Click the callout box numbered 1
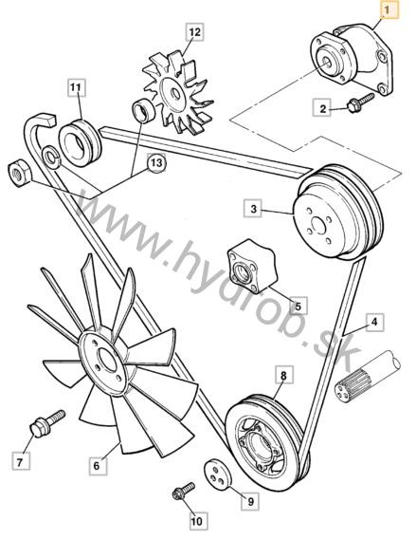[389, 9]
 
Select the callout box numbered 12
[194, 32]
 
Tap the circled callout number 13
[156, 162]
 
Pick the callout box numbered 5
[298, 306]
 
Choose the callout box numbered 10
[197, 521]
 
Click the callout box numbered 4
[374, 322]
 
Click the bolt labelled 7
[46, 423]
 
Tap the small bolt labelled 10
[183, 492]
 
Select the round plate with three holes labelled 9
[218, 474]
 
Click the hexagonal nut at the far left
[19, 173]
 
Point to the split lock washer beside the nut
[51, 157]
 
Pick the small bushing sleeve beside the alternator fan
[143, 110]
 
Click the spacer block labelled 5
[252, 263]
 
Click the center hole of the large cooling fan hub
[108, 360]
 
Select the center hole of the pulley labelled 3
[318, 226]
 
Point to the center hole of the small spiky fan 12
[175, 94]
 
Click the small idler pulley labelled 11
[81, 143]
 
